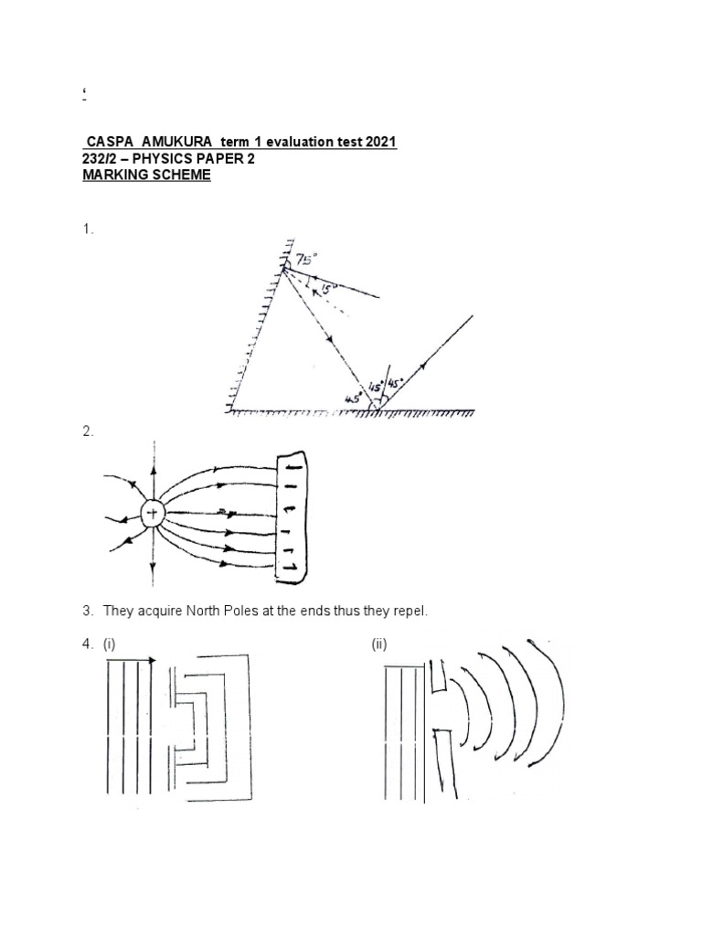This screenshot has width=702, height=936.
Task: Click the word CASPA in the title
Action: coord(107,143)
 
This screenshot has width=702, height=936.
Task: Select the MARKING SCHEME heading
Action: coord(146,175)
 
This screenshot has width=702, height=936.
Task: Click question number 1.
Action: coord(87,230)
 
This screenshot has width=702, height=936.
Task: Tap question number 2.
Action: coord(87,432)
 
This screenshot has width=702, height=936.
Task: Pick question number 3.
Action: coord(87,610)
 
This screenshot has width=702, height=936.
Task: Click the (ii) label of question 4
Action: coord(379,644)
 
